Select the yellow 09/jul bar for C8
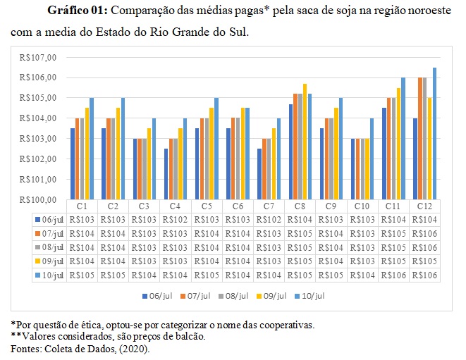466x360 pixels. click(x=305, y=142)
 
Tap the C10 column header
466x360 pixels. click(x=361, y=206)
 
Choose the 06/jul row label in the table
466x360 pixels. click(x=51, y=219)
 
